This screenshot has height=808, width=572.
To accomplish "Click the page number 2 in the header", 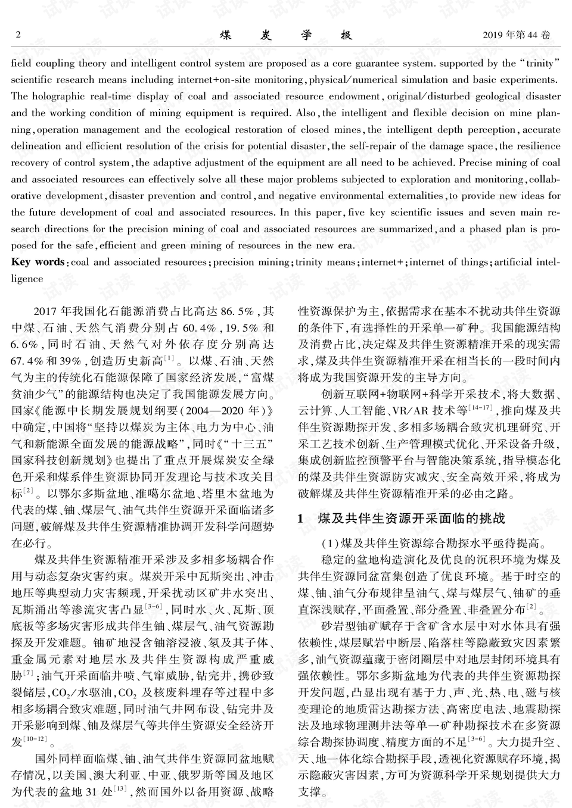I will click(17, 35).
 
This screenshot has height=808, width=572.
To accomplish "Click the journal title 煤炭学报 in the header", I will click(286, 35).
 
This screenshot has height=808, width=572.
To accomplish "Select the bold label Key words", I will click(38, 262).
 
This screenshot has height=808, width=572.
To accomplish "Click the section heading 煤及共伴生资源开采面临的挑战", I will click(411, 519).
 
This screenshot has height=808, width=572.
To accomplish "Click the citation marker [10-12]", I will click(35, 739).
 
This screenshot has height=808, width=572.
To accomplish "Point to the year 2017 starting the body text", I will click(46, 311).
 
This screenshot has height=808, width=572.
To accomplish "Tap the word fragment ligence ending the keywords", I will click(27, 279).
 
